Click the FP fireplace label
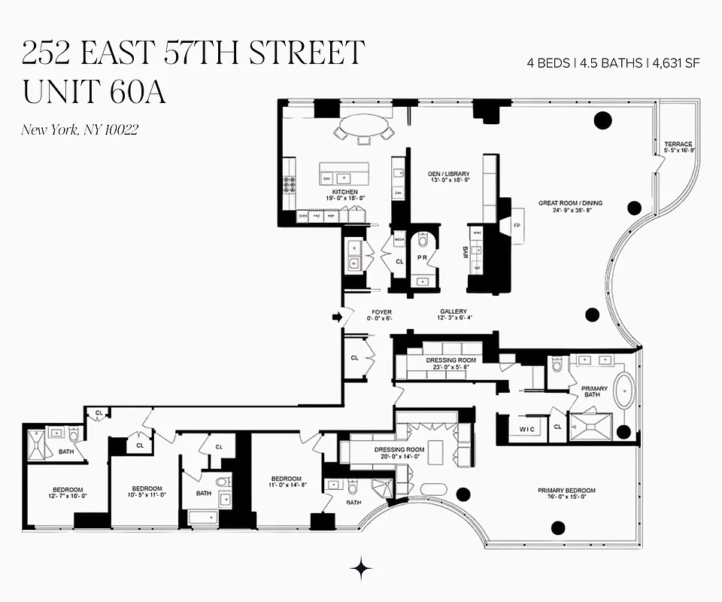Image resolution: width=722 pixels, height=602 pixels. pos(517,226)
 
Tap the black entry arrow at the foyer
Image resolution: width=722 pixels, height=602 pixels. pos(338,318)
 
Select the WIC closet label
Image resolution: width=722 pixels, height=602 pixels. pos(526,429)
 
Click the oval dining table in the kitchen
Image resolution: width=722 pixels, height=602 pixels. pos(363,126)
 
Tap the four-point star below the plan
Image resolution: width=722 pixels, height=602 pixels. pos(362,567)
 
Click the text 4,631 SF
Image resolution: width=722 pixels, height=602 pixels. pos(676,63)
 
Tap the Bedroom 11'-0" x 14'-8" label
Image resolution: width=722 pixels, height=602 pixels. pos(287,482)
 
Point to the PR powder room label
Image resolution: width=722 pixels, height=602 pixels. pos(423,257)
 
